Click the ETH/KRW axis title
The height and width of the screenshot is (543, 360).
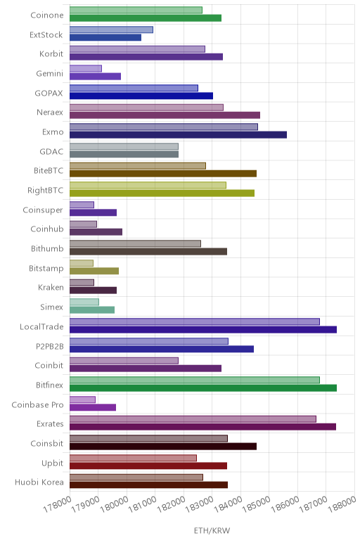click(212, 530)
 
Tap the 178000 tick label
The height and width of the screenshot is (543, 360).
click(58, 504)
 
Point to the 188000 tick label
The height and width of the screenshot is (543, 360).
click(342, 504)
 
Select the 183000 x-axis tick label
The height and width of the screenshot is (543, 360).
click(200, 504)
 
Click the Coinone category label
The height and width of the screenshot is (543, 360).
click(47, 15)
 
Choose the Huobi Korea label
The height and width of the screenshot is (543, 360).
click(39, 482)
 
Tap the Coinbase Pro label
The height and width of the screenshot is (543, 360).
click(38, 404)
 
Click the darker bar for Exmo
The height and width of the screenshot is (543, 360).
click(179, 135)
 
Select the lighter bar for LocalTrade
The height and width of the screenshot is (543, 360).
click(195, 321)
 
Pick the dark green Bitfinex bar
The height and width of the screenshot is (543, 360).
click(203, 388)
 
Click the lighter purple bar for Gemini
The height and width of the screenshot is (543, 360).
click(86, 68)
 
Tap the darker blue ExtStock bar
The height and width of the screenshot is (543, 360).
click(105, 37)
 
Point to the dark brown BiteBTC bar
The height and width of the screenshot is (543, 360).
click(163, 174)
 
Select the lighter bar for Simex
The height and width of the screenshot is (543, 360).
click(84, 302)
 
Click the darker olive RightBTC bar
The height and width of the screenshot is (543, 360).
click(162, 193)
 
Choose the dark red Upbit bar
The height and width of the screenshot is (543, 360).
click(148, 466)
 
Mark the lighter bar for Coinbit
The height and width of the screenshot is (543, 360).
click(124, 361)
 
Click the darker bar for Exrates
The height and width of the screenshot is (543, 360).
click(202, 427)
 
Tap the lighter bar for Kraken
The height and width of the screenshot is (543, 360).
click(82, 283)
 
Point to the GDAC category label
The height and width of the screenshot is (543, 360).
click(51, 151)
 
